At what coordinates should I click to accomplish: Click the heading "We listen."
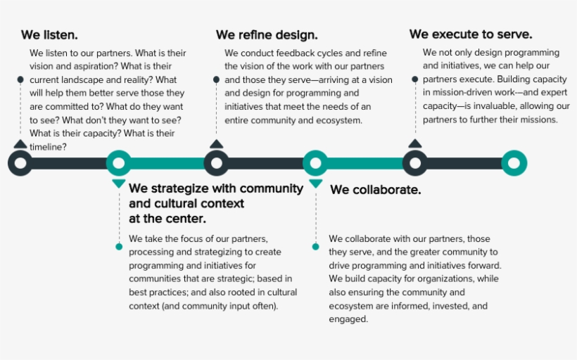coord(49,35)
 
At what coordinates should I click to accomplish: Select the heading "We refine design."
coord(267,35)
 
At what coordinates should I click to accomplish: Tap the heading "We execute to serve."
coord(471,34)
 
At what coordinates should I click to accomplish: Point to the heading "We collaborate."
coord(375,190)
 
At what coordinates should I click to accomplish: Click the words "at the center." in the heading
coord(167,219)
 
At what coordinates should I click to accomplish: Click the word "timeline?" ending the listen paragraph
coord(49,147)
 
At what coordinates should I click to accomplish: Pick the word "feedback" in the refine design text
coord(293,53)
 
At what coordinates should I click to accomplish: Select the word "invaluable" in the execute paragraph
coord(496,106)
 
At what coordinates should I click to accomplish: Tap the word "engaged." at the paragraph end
coord(348,319)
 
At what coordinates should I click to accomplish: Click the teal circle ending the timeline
coord(514,163)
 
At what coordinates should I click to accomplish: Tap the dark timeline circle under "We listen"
coord(20,163)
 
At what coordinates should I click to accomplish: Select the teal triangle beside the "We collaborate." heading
coord(316,183)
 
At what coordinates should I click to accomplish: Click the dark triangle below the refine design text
coord(217,144)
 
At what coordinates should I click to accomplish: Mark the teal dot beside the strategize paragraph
coord(119,247)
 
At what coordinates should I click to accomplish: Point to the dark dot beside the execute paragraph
coord(414,79)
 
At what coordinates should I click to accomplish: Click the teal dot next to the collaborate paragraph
coord(315,247)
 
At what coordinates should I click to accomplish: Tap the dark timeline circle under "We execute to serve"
coord(415,163)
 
